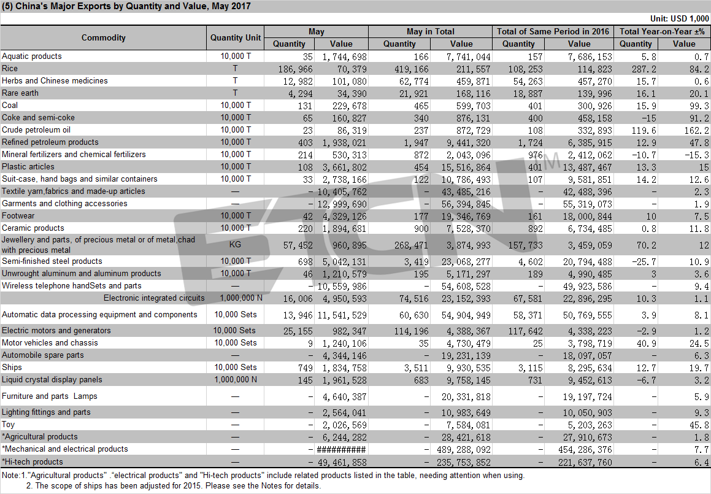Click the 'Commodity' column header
point(104,37)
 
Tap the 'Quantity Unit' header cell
point(236,37)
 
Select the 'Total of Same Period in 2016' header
point(553,31)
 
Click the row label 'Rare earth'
point(20,93)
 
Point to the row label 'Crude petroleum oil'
point(36,129)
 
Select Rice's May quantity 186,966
point(295,69)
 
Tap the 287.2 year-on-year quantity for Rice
point(646,69)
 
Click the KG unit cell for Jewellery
point(235,244)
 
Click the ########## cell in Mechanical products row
point(342,450)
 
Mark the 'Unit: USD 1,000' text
point(679,18)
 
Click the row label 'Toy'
point(8,425)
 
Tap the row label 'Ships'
point(12,368)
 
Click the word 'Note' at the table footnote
point(10,476)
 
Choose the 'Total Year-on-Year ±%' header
point(662,31)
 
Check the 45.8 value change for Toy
point(701,425)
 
